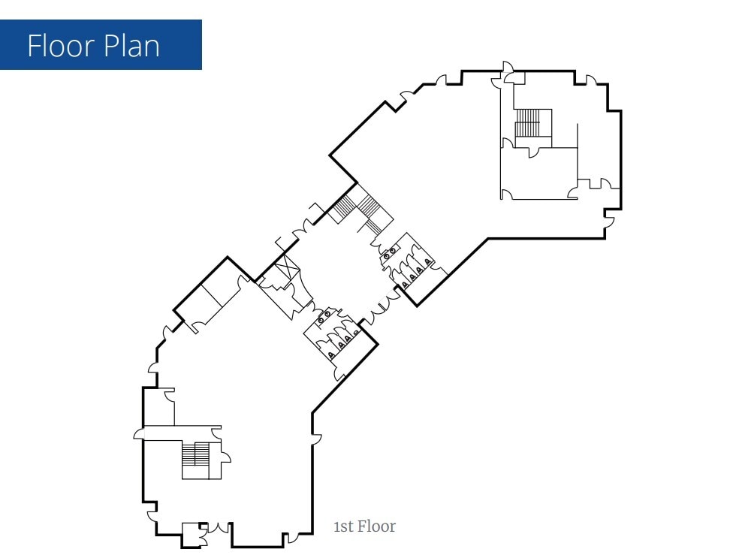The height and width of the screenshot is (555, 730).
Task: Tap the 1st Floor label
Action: [x=364, y=526]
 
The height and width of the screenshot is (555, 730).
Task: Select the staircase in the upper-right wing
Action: [x=527, y=123]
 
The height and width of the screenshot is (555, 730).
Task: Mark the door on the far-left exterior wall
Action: [x=140, y=433]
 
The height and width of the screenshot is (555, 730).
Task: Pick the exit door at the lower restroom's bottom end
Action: [x=337, y=370]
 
